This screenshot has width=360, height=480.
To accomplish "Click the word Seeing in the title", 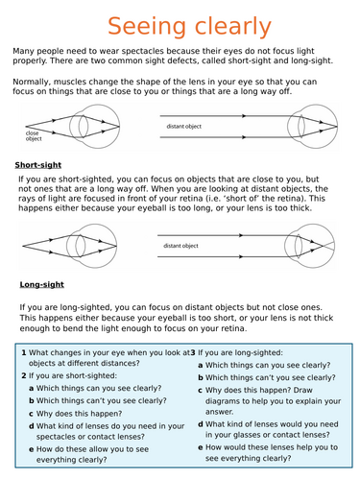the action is click(147, 27).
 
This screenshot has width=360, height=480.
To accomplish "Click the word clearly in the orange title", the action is click(233, 27).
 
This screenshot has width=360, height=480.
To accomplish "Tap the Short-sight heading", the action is click(38, 165).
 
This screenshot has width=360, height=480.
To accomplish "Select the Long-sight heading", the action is click(42, 284).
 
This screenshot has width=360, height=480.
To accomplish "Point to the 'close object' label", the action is click(34, 136).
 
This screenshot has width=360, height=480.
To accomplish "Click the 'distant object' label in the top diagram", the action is click(184, 127).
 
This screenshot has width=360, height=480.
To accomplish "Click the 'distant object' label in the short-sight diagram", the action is click(180, 246).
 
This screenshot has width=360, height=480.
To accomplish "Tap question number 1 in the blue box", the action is click(24, 353).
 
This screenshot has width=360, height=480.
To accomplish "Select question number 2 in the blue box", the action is click(24, 375).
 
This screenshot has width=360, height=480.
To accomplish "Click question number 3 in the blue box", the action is click(193, 353).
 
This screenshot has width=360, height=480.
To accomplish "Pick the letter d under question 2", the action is click(32, 426).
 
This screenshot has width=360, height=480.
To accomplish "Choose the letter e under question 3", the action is click(201, 447).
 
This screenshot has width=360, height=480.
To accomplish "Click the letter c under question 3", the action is click(201, 391).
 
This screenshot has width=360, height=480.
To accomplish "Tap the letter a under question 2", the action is click(32, 389).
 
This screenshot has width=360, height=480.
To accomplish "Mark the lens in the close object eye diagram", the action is click(84, 126).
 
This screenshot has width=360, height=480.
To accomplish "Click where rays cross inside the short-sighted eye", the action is click(323, 246).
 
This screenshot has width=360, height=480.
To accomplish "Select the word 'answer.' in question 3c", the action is click(220, 412).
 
